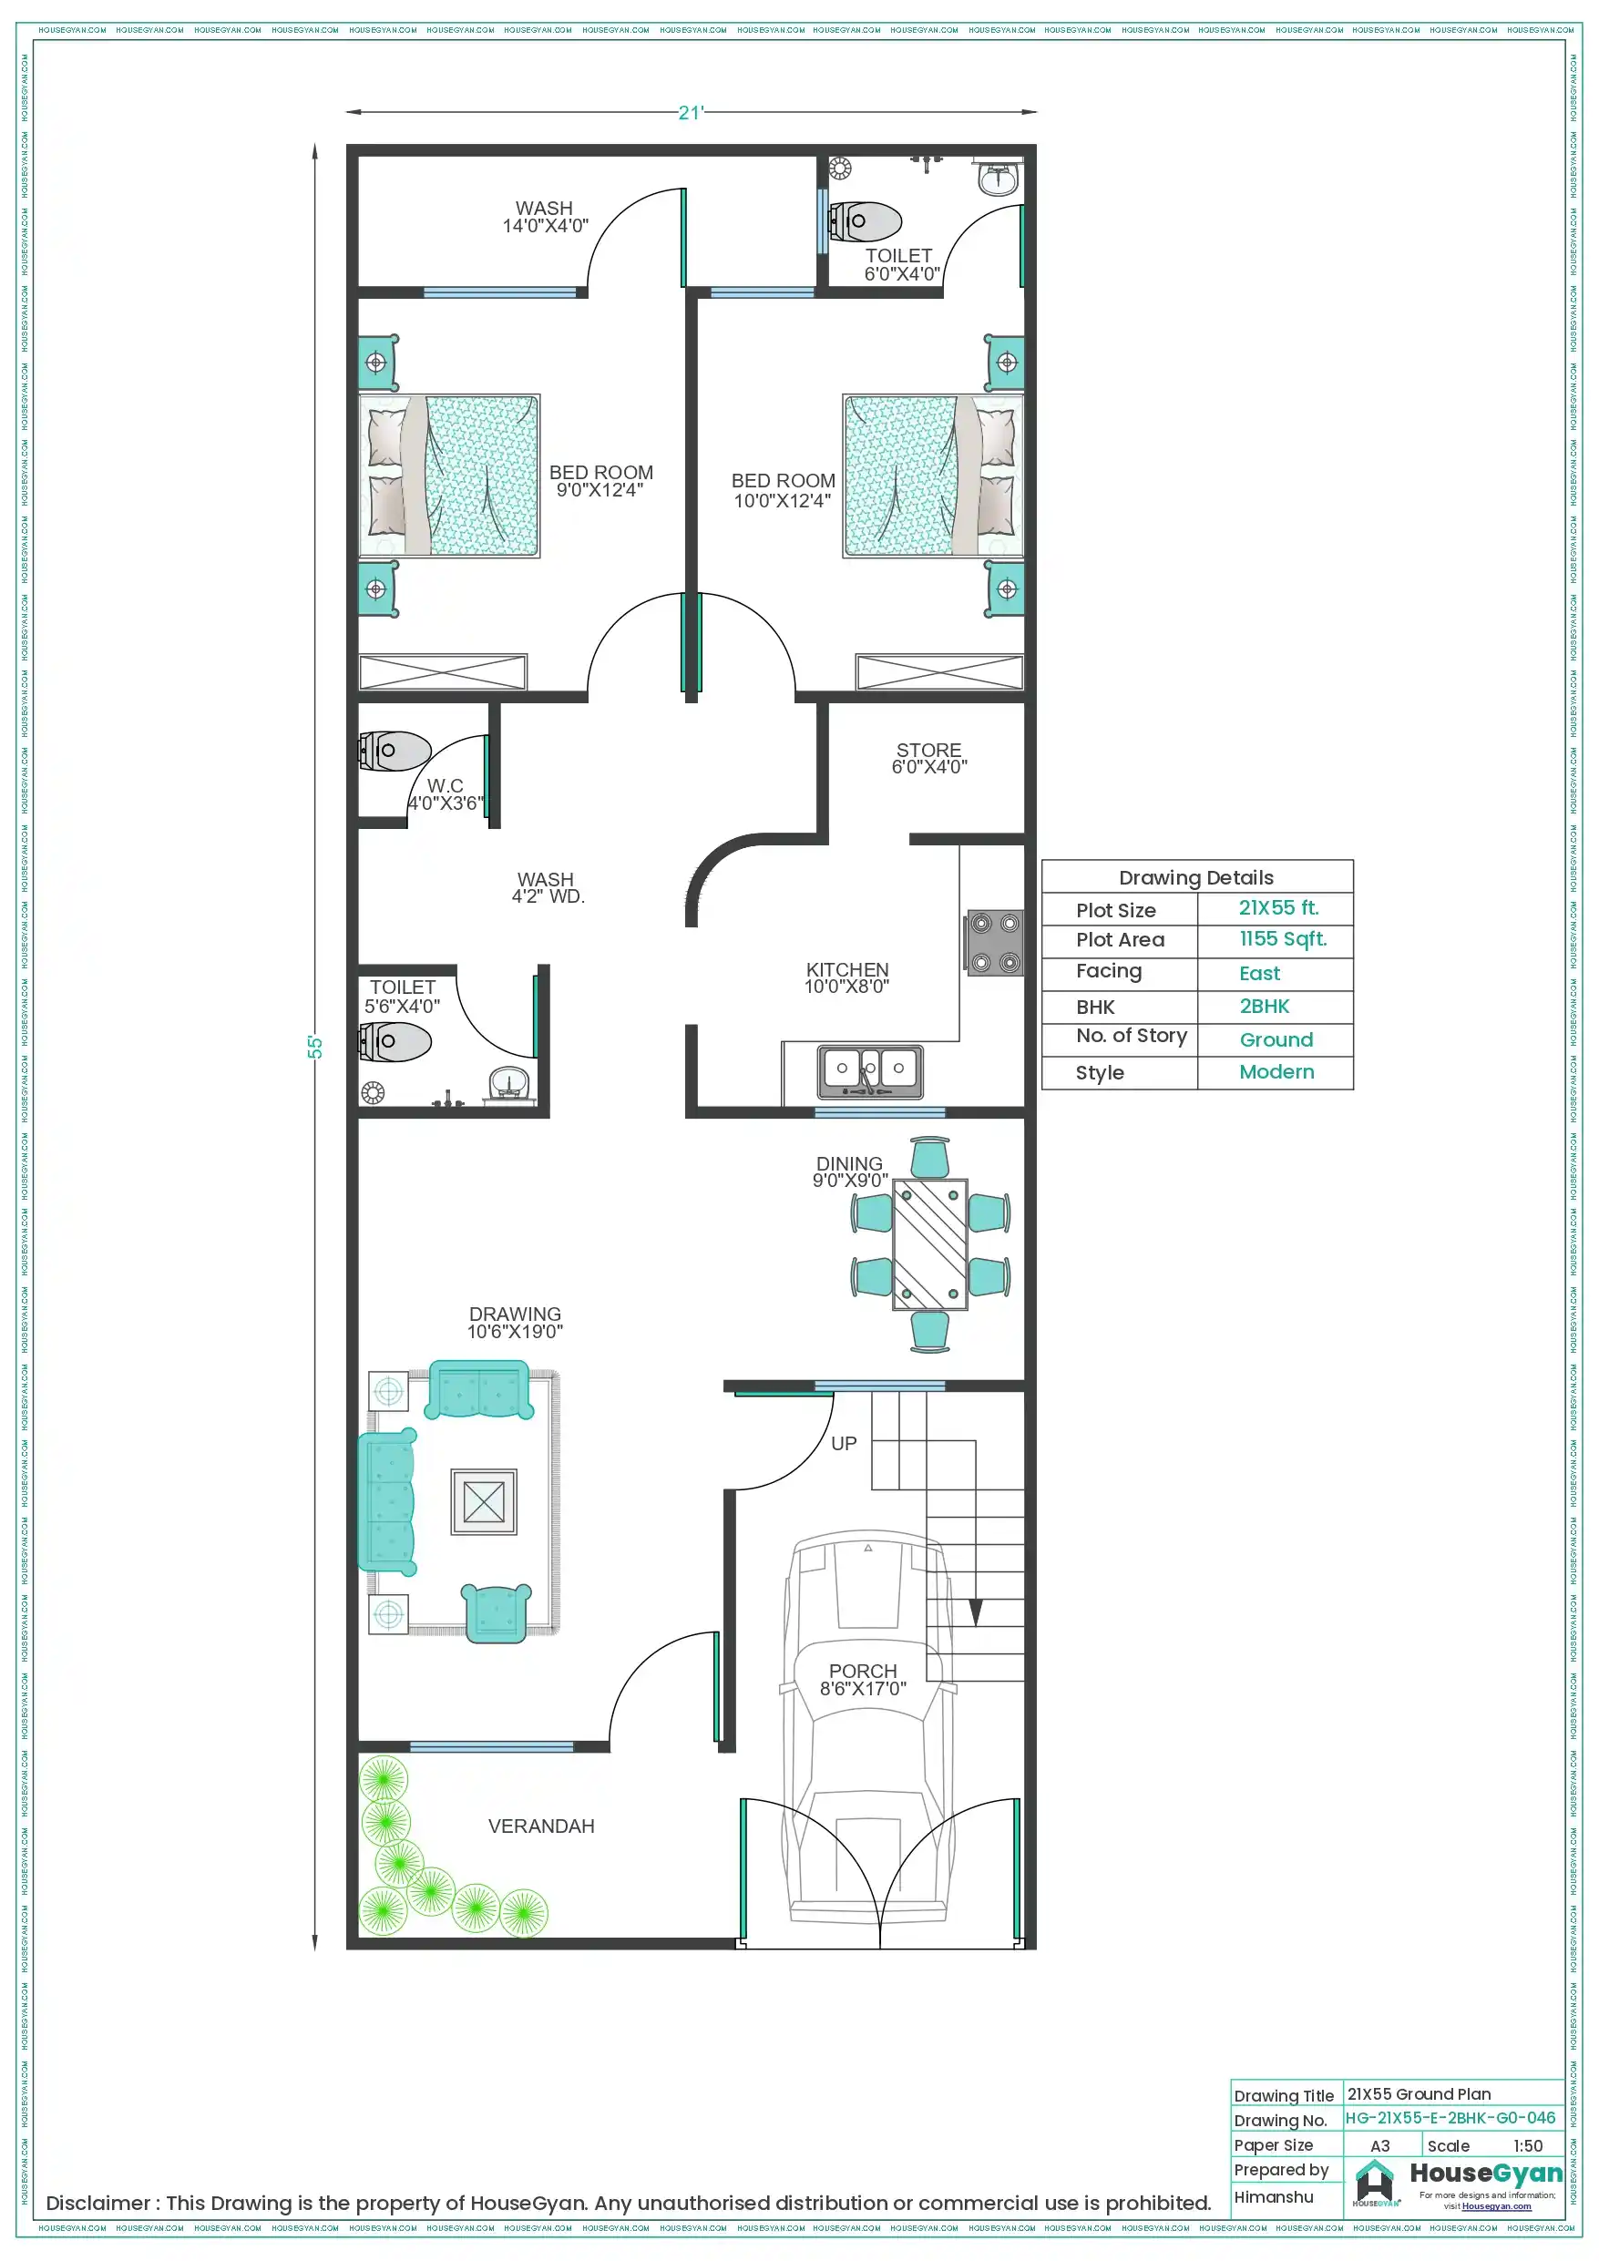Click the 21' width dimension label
point(691,113)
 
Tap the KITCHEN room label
point(846,977)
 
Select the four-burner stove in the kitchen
point(994,943)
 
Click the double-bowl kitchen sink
point(870,1071)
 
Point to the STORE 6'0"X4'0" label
point(928,758)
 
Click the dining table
point(929,1244)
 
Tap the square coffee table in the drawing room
point(484,1502)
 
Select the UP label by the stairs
point(844,1444)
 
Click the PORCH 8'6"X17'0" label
point(863,1679)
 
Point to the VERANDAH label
point(541,1826)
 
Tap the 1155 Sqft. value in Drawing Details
point(1282,939)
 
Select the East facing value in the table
point(1259,973)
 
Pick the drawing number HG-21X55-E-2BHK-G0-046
point(1450,2118)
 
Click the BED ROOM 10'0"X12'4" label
point(783,490)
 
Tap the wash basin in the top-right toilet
point(997,179)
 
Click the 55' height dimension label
point(315,1047)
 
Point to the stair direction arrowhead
point(976,1612)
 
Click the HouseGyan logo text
point(1485,2174)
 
